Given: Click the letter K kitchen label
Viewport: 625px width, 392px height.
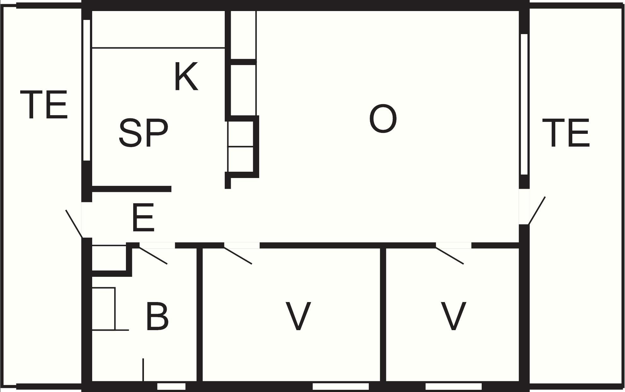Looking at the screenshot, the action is click(186, 77).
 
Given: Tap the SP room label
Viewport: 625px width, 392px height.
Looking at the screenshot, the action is click(144, 133).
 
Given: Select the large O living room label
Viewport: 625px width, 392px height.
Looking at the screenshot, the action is click(383, 119).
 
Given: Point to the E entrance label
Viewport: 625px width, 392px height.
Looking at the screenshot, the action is click(143, 217).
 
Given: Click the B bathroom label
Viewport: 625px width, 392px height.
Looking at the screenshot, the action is click(157, 317).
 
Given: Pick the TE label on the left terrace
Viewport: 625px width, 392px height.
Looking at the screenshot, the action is click(44, 104).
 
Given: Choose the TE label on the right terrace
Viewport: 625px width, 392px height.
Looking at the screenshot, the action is click(566, 133).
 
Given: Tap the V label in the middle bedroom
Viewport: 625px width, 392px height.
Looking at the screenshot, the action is click(298, 317).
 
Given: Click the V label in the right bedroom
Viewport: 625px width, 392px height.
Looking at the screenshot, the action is click(453, 317).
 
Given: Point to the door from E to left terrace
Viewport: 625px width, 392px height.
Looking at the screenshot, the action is click(74, 224).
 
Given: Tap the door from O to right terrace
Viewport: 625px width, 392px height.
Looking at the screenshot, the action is click(537, 211).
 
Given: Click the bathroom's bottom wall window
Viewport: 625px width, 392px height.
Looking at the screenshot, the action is click(171, 386).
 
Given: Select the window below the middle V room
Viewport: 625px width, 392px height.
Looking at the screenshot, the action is click(341, 386).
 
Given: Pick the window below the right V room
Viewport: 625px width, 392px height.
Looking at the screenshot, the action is click(454, 386).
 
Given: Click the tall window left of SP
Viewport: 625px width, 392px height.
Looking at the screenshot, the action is click(87, 90).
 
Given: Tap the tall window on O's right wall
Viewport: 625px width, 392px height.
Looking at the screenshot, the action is click(524, 104).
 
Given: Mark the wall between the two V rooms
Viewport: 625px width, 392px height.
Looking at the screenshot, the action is click(383, 315).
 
